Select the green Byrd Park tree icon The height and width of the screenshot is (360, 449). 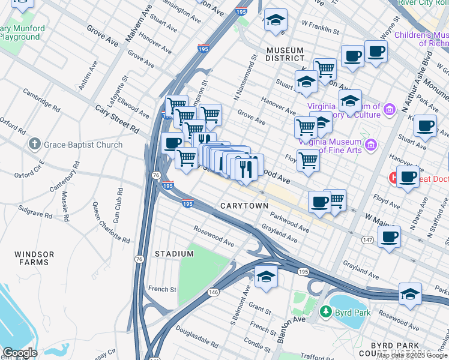[326, 311]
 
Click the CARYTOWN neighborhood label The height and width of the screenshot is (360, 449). [244, 206]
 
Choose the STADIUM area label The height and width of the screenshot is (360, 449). [175, 254]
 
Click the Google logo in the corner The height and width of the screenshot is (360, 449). [19, 353]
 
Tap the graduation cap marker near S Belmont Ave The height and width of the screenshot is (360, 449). [266, 275]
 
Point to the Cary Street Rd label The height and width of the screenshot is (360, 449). [117, 119]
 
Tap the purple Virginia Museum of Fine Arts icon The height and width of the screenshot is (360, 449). [371, 144]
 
